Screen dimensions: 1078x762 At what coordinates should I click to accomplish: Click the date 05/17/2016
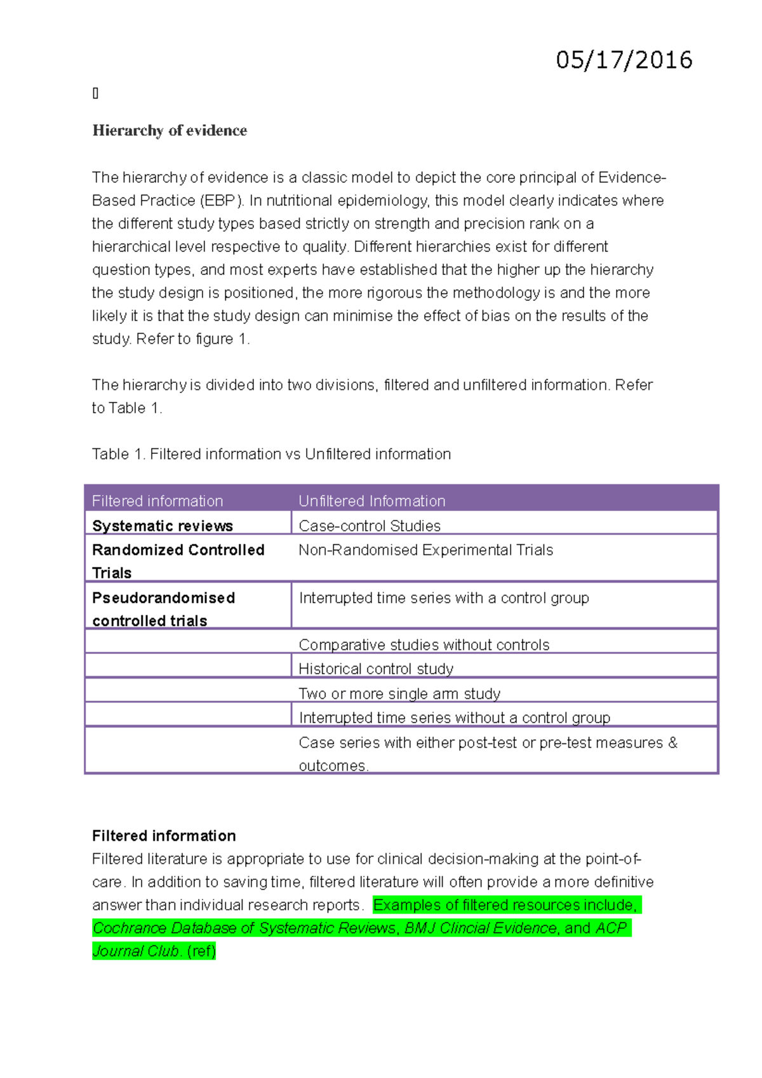click(624, 60)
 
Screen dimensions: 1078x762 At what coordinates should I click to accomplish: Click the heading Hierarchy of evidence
click(170, 131)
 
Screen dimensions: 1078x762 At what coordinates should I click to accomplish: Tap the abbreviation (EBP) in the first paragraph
click(222, 201)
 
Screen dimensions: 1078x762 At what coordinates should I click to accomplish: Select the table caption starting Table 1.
click(271, 454)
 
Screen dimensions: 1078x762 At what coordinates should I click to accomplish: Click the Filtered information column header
click(157, 501)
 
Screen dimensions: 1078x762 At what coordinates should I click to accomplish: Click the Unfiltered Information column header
click(371, 501)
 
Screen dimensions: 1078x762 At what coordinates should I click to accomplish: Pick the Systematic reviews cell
click(163, 526)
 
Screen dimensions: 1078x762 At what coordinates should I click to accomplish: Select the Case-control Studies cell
click(370, 526)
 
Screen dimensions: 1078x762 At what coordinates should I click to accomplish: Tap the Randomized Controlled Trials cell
click(178, 561)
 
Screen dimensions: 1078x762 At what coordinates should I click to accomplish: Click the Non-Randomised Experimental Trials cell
click(425, 550)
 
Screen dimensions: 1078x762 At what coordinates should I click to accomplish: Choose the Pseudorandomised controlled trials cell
click(163, 609)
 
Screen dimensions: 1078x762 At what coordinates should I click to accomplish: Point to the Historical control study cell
click(376, 669)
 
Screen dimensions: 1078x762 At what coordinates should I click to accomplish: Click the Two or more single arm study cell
click(399, 693)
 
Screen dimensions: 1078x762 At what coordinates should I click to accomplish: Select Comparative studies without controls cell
click(424, 644)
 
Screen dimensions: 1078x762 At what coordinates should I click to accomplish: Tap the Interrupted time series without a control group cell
click(454, 717)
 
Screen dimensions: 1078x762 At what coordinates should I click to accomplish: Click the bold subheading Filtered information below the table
click(164, 835)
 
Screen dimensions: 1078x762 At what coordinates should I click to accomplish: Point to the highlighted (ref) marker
click(201, 951)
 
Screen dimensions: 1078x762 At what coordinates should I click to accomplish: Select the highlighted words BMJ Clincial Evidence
click(481, 928)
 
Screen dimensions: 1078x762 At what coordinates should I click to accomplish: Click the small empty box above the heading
click(95, 94)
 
